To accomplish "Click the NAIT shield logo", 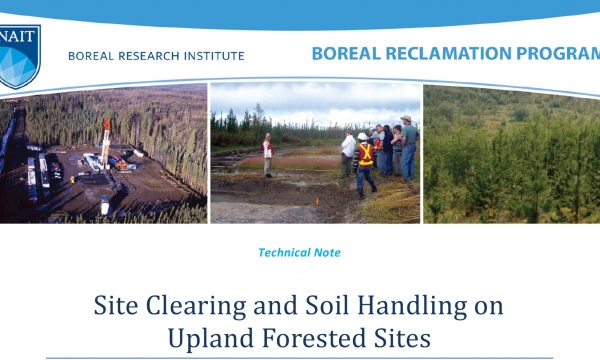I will (17, 55).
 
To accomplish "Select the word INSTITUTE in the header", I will (211, 56).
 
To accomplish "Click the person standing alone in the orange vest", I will (267, 152).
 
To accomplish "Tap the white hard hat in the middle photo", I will (362, 136).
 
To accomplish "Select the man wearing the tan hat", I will (407, 145).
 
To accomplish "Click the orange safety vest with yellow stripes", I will (366, 156).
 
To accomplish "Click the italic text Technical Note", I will (299, 253).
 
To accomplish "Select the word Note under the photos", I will (325, 253).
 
